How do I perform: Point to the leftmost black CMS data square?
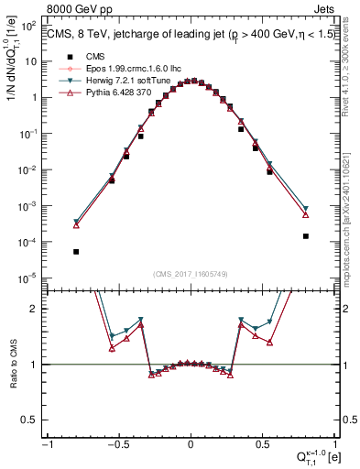point(76,251)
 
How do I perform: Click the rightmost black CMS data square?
point(305,235)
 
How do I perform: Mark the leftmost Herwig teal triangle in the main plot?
point(76,222)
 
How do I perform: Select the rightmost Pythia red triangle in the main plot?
point(305,214)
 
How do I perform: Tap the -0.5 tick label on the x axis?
point(118,445)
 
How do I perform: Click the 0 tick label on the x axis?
point(191,445)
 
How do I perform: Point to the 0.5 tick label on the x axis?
point(263,445)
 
